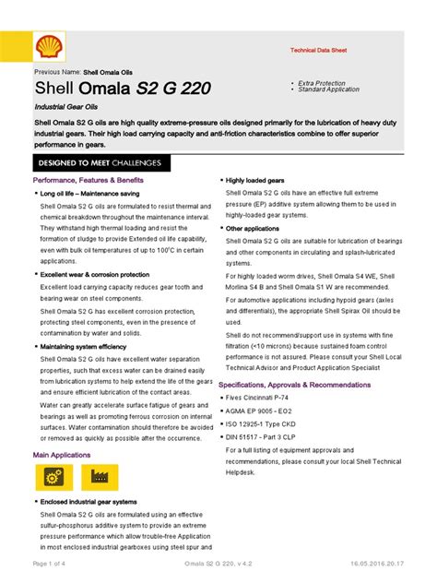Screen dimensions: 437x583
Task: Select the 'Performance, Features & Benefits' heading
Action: pyautogui.click(x=88, y=180)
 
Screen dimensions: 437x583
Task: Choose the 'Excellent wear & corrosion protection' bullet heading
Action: pyautogui.click(x=93, y=274)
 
